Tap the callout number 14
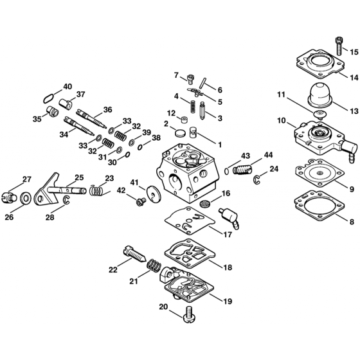(x=353, y=78)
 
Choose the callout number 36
(x=107, y=110)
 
